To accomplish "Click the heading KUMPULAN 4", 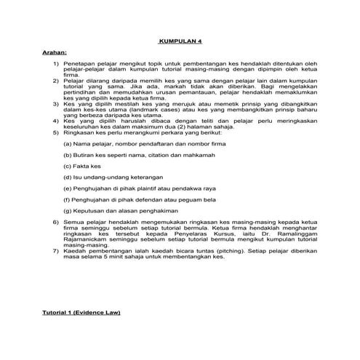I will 180,41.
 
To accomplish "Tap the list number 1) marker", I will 56,64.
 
